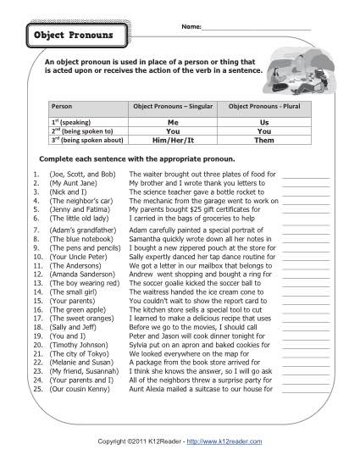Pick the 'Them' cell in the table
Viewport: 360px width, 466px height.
click(x=263, y=141)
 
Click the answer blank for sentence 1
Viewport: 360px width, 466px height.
click(x=306, y=174)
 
